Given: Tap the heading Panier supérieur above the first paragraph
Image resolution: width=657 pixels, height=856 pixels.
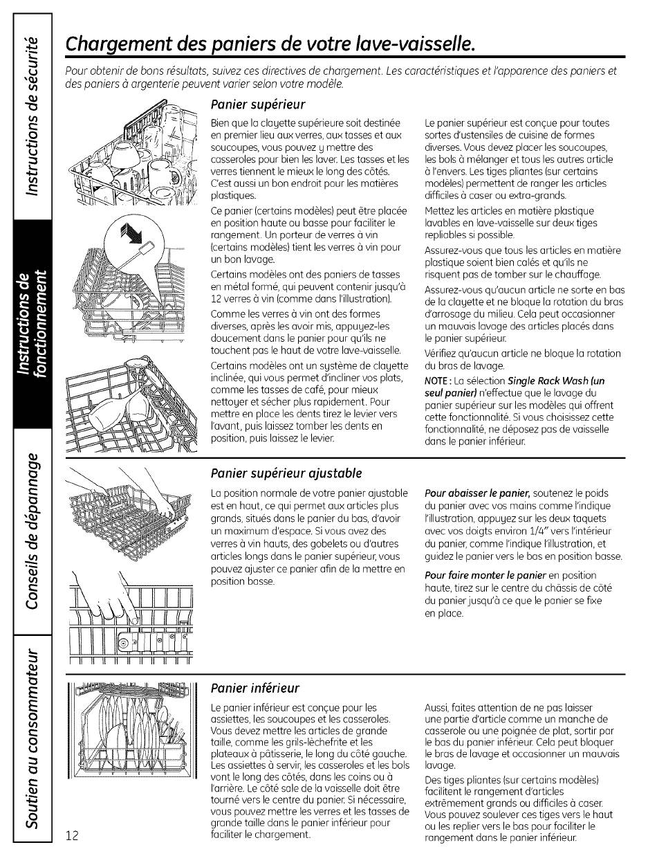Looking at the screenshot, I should pos(248,104).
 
